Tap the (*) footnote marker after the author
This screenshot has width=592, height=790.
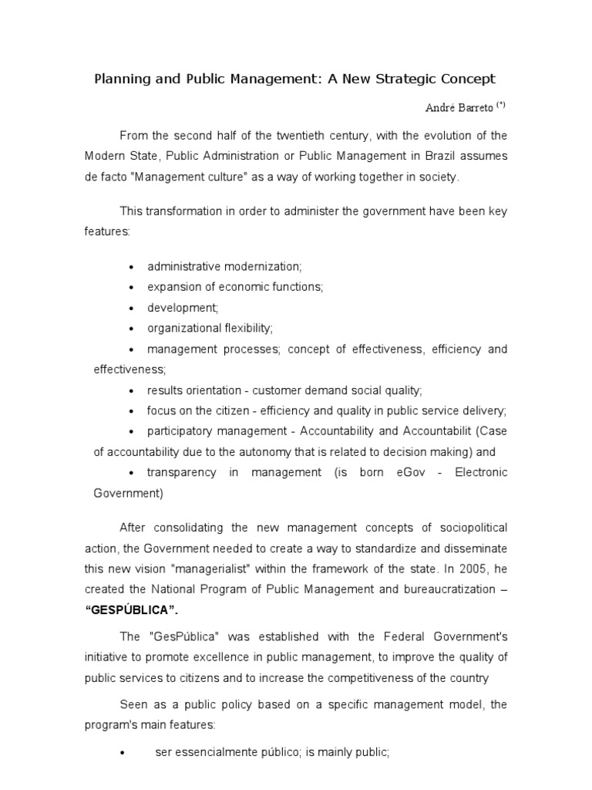[x=501, y=105]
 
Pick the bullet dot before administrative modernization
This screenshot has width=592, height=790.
[x=131, y=266]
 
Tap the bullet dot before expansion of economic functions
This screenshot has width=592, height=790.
[x=131, y=287]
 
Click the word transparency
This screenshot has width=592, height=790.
[x=180, y=472]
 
